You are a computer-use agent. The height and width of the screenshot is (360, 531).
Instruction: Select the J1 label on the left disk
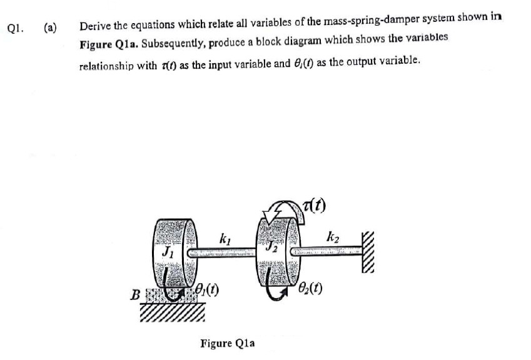167,254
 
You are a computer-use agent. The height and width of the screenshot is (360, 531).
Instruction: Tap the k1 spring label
225,237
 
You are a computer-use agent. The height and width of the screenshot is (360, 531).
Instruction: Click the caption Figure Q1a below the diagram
228,342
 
